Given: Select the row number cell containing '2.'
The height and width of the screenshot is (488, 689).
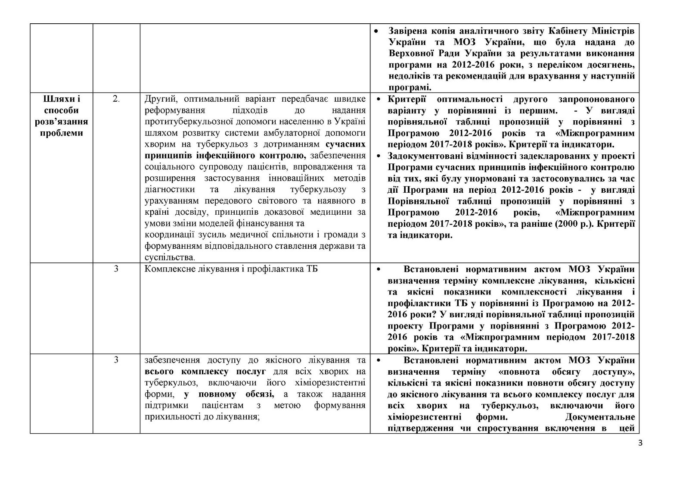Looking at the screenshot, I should click(x=116, y=99).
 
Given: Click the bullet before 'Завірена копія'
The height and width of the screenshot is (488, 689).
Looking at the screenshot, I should click(x=377, y=32).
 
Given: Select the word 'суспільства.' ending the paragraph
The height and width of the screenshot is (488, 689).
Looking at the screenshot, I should click(x=170, y=257).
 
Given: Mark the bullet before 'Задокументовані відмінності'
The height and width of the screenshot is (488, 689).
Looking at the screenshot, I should click(x=377, y=156).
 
